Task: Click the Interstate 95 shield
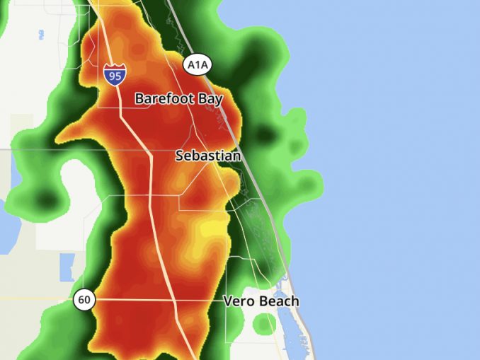[x=114, y=74]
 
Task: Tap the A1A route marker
[x=198, y=65]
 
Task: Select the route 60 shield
[x=84, y=300]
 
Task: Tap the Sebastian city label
[x=208, y=156]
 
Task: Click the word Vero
[x=239, y=301]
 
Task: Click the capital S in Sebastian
[x=180, y=156]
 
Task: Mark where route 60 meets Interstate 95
[x=174, y=300]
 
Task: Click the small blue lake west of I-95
[x=67, y=266]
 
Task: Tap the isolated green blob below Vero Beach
[x=264, y=324]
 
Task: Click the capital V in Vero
[x=229, y=301]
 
